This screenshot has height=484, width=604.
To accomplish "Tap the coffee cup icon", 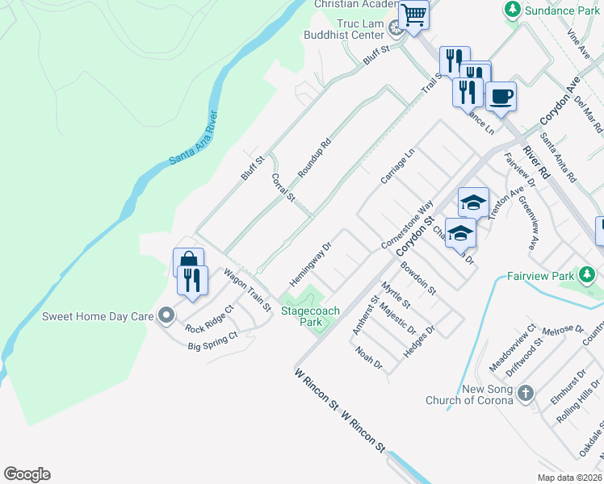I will pos(501,97).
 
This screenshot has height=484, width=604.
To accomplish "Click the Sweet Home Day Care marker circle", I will pos(166,315).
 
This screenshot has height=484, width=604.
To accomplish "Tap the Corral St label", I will pos(283,187).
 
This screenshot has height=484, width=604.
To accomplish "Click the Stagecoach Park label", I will pos(310,316).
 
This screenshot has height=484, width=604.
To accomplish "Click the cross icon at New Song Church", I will pos(526,394).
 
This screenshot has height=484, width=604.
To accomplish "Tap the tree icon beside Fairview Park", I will pos(590,276).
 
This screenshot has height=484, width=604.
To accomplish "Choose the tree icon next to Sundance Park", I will pos(511,10).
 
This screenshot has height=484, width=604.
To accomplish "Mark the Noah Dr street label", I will pos(368,359).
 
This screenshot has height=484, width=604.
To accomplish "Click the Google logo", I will pos(27,474).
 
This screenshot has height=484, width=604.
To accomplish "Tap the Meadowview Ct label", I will pos(512,348).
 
